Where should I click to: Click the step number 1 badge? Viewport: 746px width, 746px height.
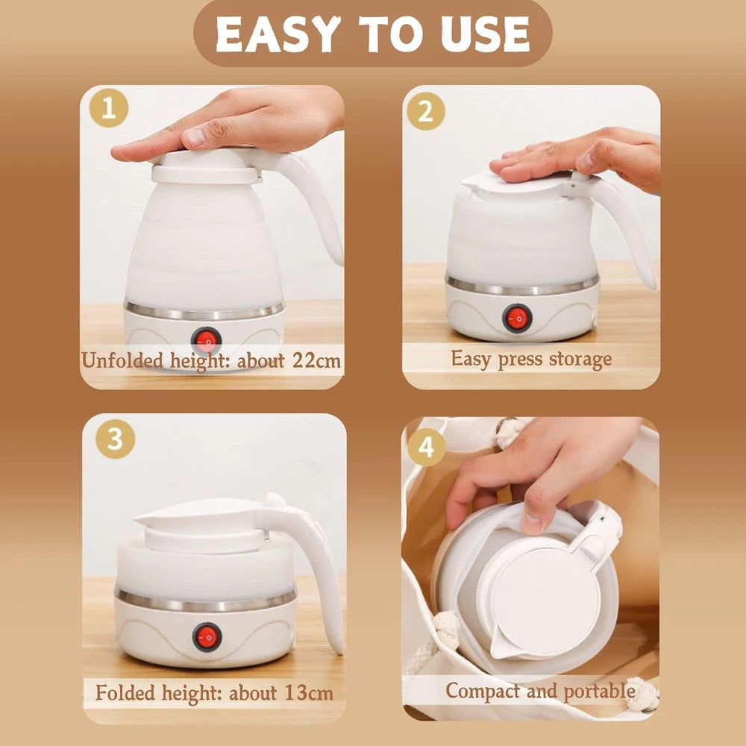click(x=109, y=110)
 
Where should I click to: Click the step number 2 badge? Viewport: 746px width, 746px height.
click(x=425, y=112)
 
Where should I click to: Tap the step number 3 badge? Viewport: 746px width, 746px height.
click(x=115, y=439)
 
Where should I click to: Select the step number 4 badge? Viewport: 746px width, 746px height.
click(x=426, y=447)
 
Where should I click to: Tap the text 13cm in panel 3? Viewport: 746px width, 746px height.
click(x=308, y=692)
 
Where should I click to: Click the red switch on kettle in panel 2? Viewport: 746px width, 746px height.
click(x=517, y=318)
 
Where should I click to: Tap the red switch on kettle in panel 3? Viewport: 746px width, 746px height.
click(x=207, y=636)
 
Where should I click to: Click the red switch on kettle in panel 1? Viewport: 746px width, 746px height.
click(x=207, y=341)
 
